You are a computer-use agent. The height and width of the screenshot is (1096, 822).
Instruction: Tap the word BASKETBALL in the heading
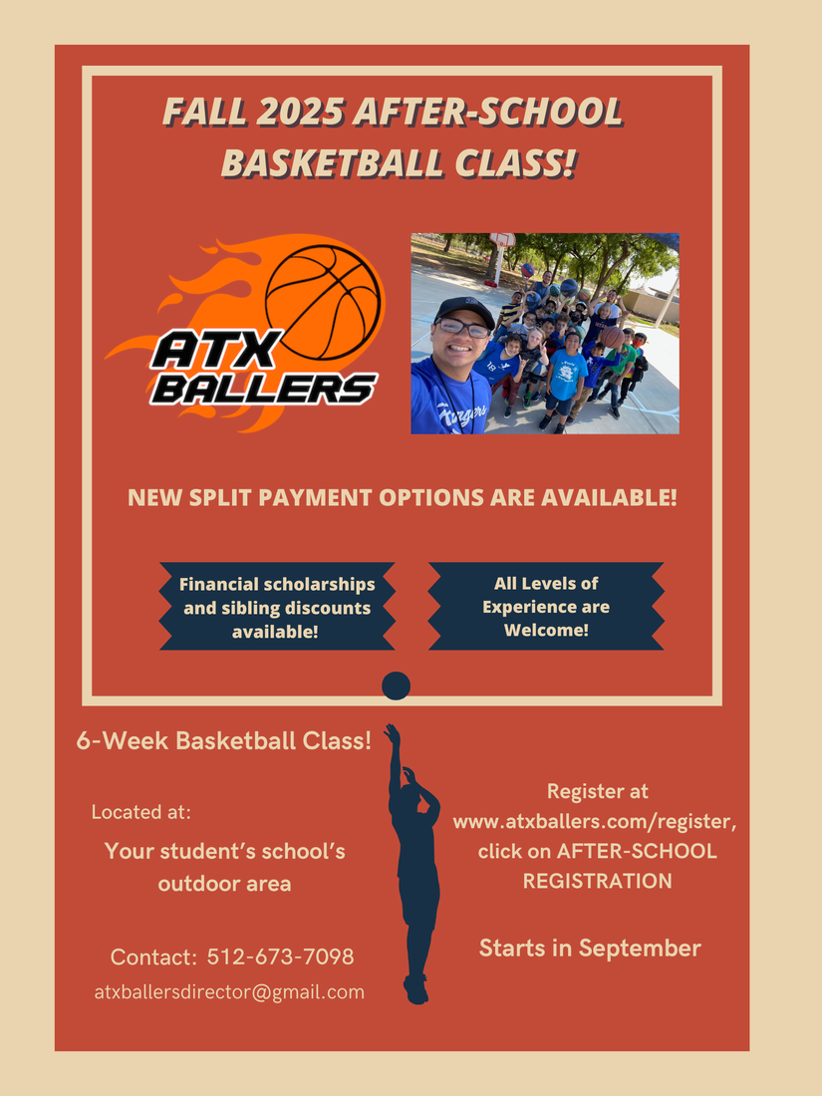[x=333, y=162]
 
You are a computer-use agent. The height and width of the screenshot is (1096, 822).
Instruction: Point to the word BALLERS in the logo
[x=263, y=389]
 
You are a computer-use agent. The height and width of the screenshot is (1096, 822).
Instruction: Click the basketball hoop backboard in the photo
[x=502, y=240]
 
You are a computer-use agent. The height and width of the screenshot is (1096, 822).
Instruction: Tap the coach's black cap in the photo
[x=463, y=310]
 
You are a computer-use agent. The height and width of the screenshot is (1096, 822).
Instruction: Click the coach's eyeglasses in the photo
[x=462, y=328]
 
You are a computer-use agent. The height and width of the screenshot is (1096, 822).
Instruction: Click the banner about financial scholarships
[x=277, y=607]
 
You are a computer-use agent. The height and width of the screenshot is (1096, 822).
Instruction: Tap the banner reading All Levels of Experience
[x=546, y=606]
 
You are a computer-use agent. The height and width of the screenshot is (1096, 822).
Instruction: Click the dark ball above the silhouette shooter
[x=397, y=685]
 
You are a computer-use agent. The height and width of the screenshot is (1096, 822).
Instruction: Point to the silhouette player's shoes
[x=415, y=989]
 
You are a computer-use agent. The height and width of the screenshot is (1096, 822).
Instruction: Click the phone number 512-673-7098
[x=280, y=957]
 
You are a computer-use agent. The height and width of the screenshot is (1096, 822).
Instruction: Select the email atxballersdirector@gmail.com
[x=229, y=991]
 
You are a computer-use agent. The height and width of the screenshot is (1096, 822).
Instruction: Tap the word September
[x=640, y=949]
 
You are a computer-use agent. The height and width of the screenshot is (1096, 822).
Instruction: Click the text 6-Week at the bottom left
[x=123, y=741]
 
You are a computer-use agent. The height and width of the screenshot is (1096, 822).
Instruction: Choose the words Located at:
[x=141, y=812]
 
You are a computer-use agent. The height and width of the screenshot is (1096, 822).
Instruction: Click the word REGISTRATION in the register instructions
[x=598, y=882]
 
